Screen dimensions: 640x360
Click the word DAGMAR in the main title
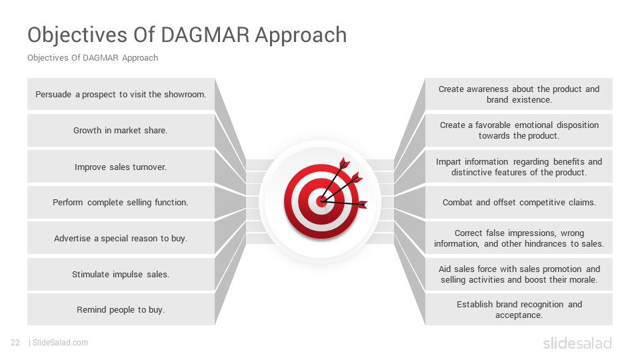point(205,35)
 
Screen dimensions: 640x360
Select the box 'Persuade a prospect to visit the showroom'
point(121,94)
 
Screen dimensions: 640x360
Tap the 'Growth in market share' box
point(121,130)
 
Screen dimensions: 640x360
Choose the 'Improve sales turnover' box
point(121,167)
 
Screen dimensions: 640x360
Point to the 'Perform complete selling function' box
point(121,203)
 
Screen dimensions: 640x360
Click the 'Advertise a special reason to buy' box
point(121,238)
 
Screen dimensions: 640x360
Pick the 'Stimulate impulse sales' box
point(121,274)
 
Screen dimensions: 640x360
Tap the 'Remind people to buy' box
point(121,310)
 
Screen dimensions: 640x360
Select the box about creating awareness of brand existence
point(519,94)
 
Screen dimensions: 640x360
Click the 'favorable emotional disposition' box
point(519,130)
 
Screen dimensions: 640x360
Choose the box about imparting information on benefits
point(519,167)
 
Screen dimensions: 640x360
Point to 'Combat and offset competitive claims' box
point(519,203)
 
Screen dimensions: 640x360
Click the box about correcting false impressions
point(519,238)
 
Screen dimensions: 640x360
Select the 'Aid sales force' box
point(519,274)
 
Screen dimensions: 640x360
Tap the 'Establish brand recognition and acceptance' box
point(519,310)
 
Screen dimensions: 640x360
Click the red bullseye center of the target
point(321,201)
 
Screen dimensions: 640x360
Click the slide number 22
point(15,343)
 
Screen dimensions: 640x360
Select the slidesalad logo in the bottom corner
point(577,343)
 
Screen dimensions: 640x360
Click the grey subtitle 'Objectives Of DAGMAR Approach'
point(93,58)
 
